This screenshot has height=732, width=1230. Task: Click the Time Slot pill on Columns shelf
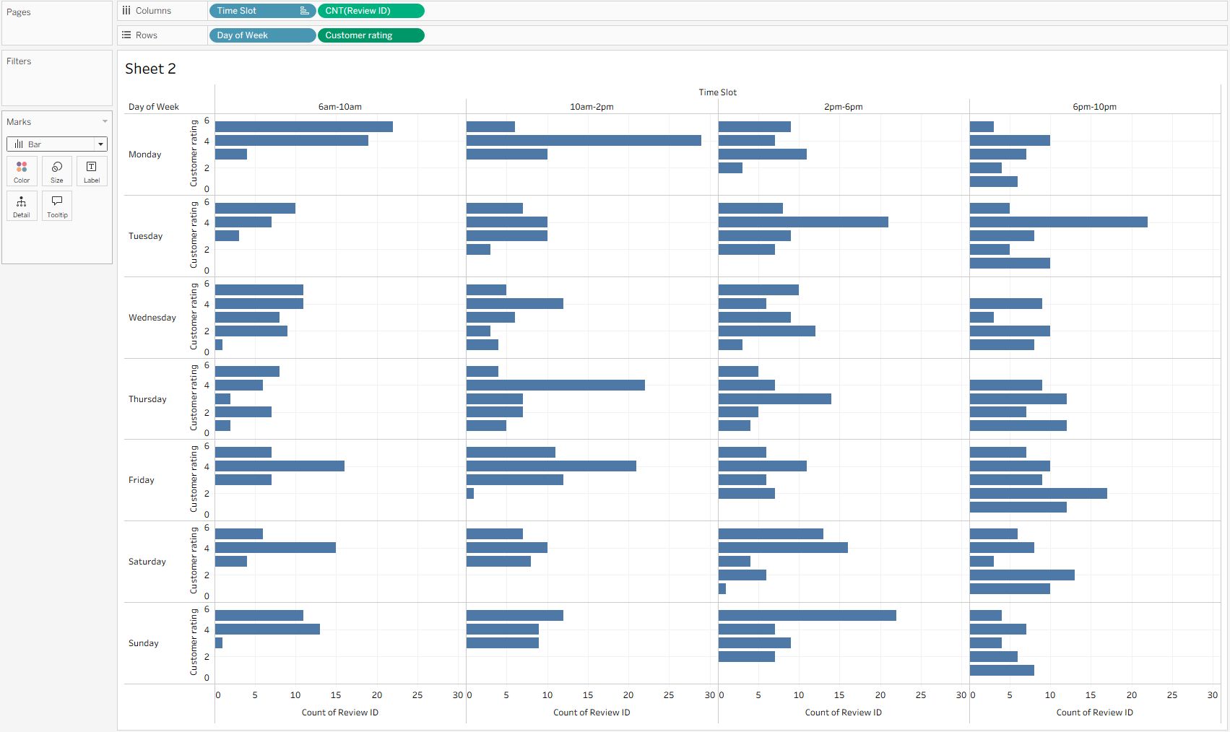click(x=253, y=11)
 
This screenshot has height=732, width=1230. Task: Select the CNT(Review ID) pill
click(x=371, y=11)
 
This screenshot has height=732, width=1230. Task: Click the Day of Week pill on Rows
click(x=261, y=35)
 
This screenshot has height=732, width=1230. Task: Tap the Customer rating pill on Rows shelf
click(x=371, y=35)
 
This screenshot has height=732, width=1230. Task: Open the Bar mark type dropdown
click(x=57, y=144)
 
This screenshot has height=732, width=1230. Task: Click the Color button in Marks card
click(x=22, y=171)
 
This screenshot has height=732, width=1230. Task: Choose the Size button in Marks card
click(x=57, y=171)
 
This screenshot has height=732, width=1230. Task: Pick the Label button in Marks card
click(x=92, y=171)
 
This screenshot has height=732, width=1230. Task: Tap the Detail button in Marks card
click(x=22, y=206)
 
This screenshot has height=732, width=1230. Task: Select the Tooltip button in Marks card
click(x=57, y=206)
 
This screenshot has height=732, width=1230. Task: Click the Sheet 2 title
click(x=150, y=69)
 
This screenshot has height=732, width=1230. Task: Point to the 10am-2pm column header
click(x=592, y=107)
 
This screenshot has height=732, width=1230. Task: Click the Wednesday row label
click(x=152, y=318)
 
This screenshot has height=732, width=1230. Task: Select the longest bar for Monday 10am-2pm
click(x=584, y=141)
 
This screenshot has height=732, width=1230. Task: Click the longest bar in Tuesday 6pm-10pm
click(x=1058, y=222)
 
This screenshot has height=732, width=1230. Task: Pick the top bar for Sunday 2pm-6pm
click(x=807, y=616)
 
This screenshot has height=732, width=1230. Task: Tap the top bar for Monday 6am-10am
click(x=303, y=127)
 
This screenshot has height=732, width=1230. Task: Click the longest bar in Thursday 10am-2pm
click(x=555, y=385)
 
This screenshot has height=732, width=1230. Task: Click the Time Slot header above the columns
click(x=717, y=92)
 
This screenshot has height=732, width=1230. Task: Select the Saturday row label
click(x=147, y=562)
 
